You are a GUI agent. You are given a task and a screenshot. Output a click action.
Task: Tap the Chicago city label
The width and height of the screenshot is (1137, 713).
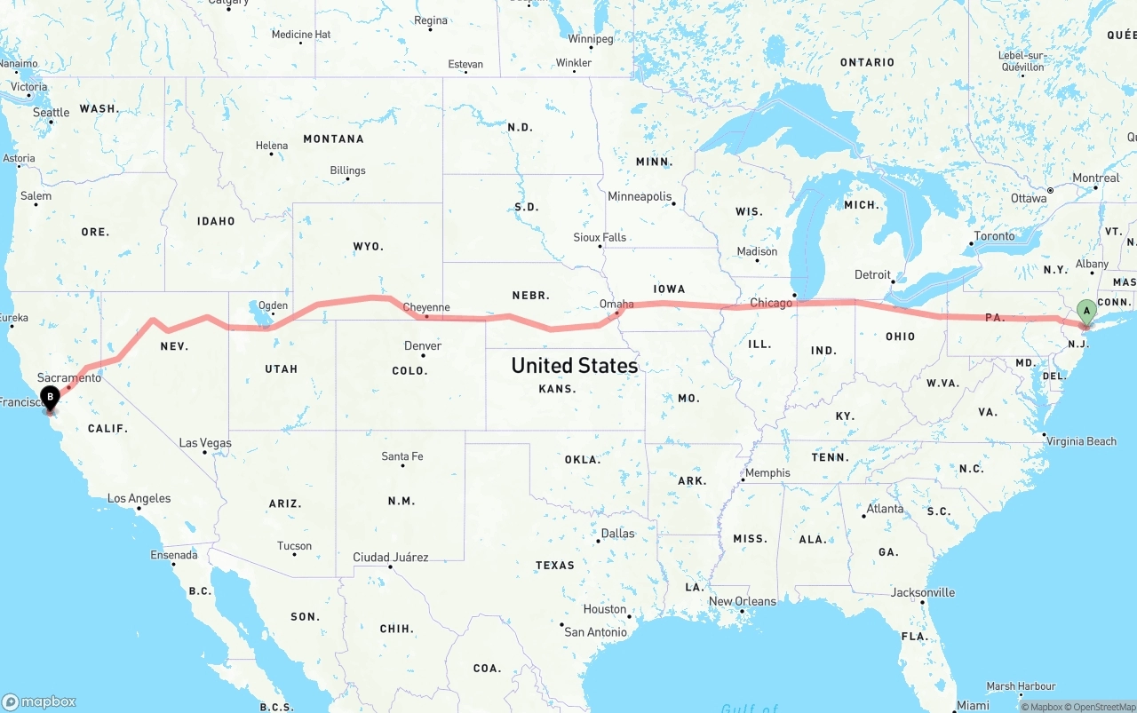click(770, 304)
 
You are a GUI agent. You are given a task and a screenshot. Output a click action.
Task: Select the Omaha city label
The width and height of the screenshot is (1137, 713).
click(616, 304)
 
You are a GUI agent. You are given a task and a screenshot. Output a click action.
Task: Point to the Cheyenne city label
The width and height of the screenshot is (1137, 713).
click(426, 308)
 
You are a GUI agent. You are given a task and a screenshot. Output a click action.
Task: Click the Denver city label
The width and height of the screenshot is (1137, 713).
click(422, 345)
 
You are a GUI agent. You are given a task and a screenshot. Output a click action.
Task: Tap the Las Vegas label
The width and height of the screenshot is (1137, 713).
click(205, 443)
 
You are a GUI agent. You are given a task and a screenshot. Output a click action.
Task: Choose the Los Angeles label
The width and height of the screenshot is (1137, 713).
click(139, 499)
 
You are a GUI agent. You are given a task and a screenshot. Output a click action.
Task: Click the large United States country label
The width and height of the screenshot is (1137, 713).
click(574, 366)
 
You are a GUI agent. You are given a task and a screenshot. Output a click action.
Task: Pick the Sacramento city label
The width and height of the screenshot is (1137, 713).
click(69, 378)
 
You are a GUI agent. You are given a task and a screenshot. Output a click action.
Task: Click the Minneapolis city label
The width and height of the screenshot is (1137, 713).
click(640, 196)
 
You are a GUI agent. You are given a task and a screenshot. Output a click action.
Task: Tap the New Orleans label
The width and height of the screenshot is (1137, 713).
click(742, 601)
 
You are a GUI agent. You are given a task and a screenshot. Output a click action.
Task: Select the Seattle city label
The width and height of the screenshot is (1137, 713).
click(51, 113)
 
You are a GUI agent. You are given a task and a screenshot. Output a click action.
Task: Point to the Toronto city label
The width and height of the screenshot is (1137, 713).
click(994, 236)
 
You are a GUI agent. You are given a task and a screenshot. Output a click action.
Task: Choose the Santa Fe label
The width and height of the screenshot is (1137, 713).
click(402, 456)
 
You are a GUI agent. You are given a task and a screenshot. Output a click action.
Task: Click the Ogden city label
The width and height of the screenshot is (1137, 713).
click(273, 305)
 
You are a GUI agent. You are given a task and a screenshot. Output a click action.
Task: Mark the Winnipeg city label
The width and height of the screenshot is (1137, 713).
click(591, 39)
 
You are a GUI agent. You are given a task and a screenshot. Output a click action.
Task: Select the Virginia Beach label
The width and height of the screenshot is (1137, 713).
click(1081, 441)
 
